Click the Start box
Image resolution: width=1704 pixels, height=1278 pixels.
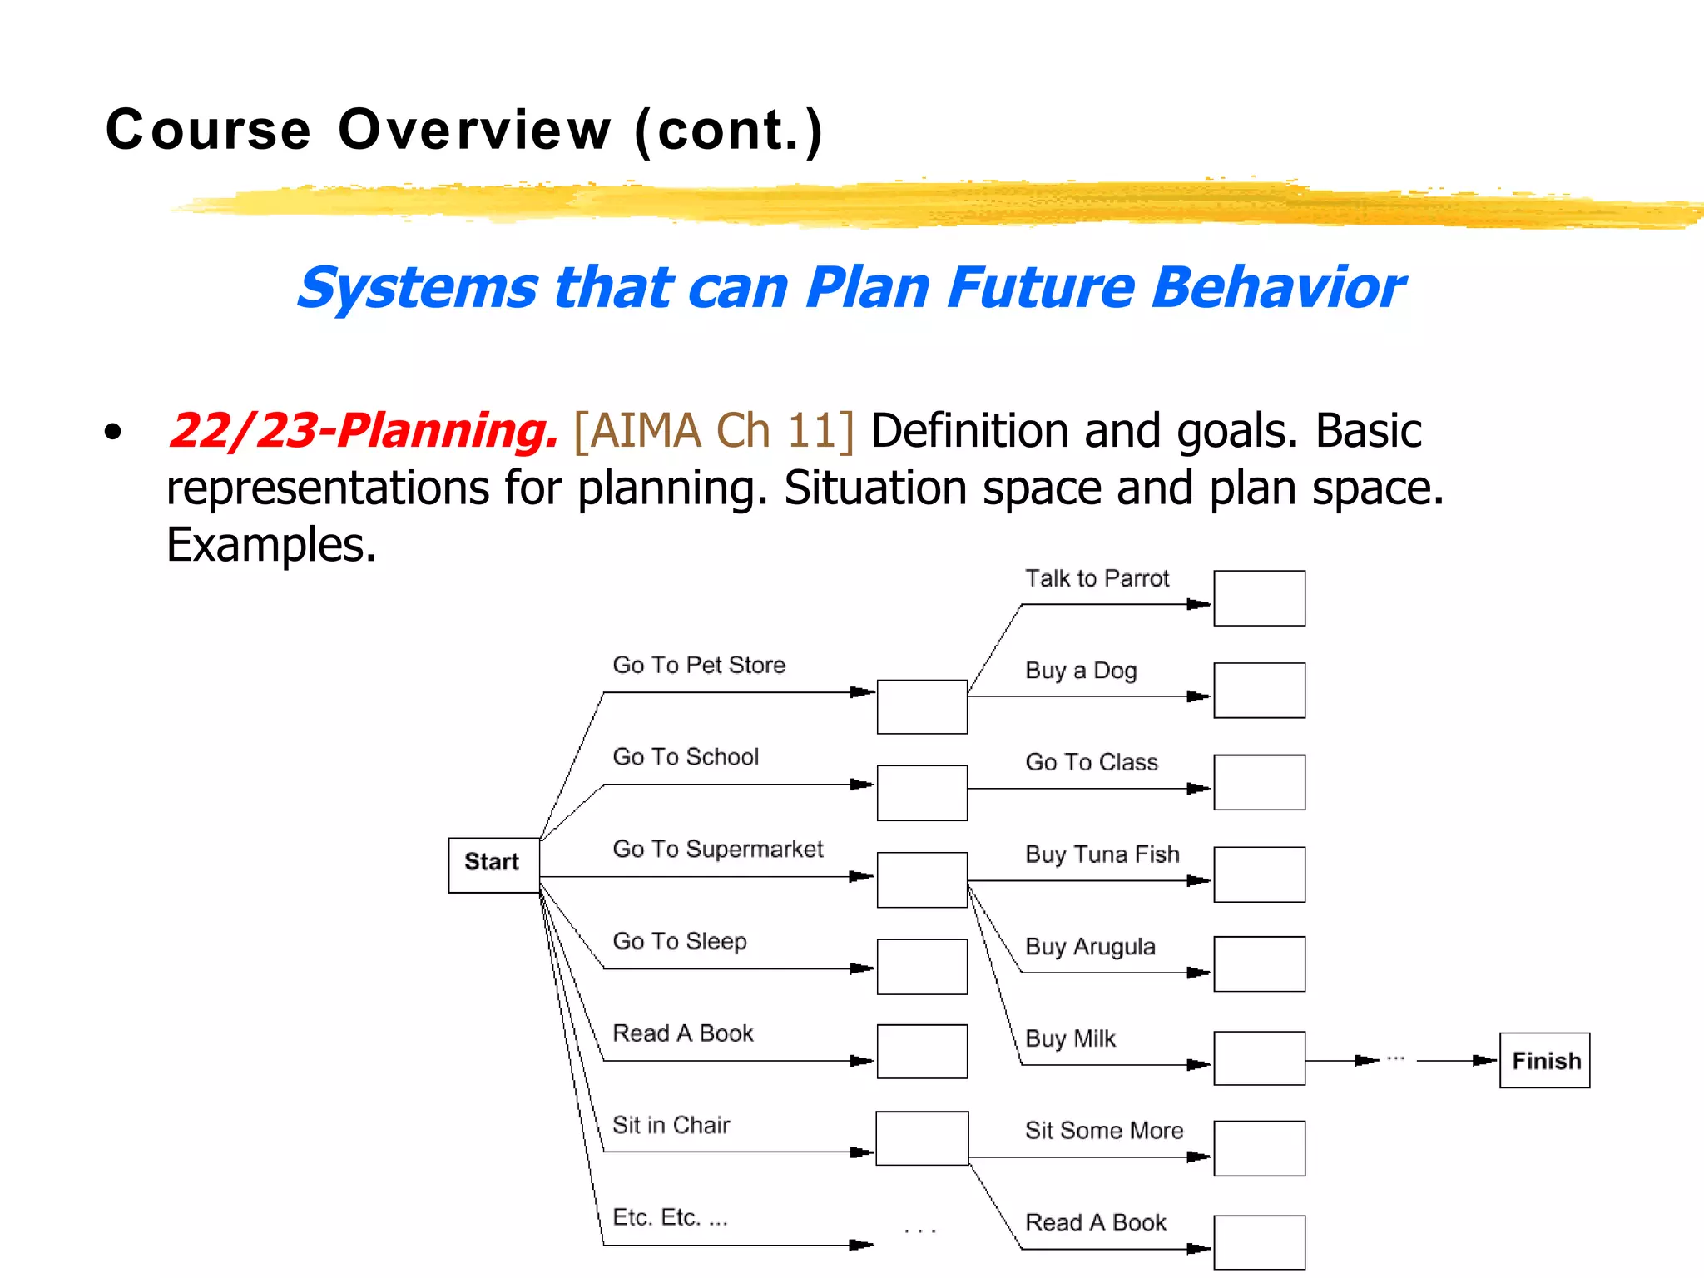tap(493, 864)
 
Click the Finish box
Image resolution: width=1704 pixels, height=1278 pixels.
tap(1544, 1060)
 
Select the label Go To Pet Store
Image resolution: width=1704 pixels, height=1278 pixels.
tap(699, 665)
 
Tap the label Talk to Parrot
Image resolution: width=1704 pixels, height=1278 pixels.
tap(1097, 578)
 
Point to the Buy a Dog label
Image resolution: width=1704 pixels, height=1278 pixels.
tap(1081, 671)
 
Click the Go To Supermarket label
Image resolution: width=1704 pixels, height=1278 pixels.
tap(717, 849)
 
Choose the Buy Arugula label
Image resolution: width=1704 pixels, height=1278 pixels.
tap(1090, 947)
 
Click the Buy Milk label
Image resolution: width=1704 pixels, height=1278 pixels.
tap(1070, 1039)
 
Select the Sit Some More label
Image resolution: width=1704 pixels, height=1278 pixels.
tap(1104, 1131)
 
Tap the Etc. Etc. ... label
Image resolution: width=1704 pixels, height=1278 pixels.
tap(670, 1217)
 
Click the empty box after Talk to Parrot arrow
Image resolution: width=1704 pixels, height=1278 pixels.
tap(1259, 598)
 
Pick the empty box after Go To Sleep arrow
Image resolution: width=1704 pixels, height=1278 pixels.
tap(922, 967)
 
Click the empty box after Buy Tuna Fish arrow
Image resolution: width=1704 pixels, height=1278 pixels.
tap(1259, 874)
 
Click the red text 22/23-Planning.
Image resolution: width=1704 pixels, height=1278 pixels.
tap(363, 431)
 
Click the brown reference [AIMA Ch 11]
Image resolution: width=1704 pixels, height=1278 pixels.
tap(714, 431)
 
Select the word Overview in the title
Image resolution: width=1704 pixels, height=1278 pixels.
tap(474, 131)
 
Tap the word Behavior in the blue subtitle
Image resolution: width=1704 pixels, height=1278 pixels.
tap(1278, 288)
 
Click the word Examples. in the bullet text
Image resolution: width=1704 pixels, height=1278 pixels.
tap(271, 545)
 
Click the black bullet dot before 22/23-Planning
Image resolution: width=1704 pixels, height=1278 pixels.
tap(113, 432)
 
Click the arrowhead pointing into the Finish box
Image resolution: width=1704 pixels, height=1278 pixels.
tap(1485, 1060)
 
